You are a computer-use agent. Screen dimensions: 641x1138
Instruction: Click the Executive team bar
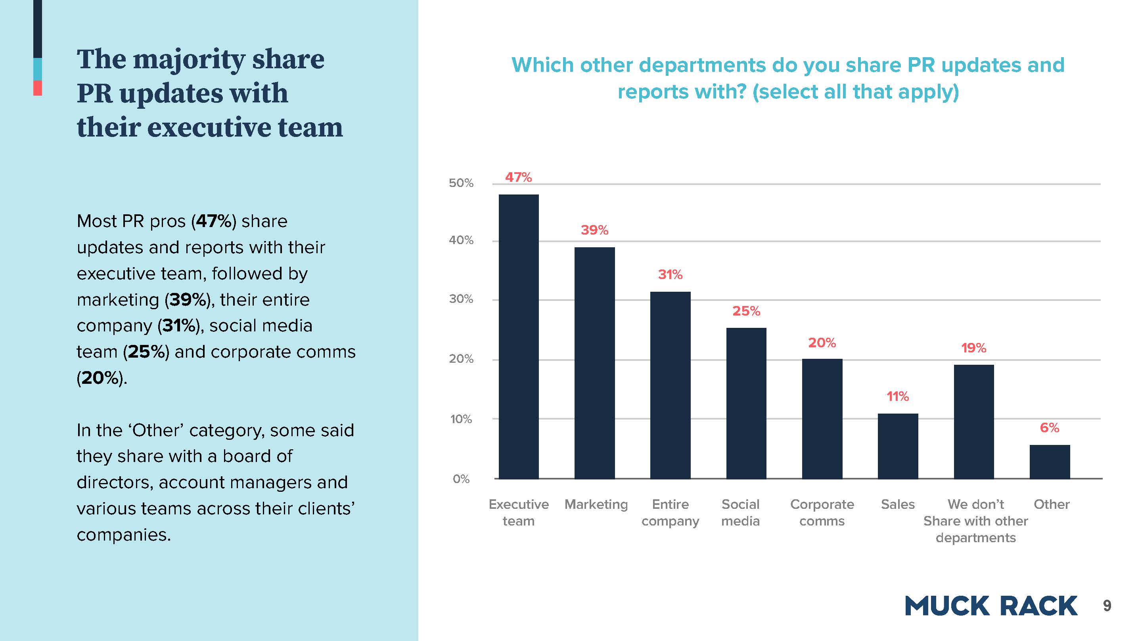[x=519, y=336]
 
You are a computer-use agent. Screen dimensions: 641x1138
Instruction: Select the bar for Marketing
[x=594, y=362]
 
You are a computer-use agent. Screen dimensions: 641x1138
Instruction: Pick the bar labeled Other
[x=1050, y=462]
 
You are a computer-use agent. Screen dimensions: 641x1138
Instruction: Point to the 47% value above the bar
[x=518, y=177]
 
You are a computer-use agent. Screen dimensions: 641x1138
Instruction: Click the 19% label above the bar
[x=974, y=348]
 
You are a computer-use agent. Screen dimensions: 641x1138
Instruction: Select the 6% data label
[x=1049, y=427]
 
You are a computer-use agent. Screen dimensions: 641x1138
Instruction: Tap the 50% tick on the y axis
[x=461, y=183]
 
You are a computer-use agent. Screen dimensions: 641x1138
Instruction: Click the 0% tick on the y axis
[x=461, y=479]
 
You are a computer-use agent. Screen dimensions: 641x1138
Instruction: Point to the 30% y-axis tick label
[x=461, y=299]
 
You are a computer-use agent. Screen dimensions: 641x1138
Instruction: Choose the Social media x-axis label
[x=740, y=512]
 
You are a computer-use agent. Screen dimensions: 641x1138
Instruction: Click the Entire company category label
[x=670, y=512]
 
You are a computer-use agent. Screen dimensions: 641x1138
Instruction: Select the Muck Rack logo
[x=991, y=606]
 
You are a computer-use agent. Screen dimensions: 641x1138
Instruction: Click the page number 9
[x=1107, y=606]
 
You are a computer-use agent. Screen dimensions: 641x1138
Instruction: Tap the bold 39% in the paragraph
[x=185, y=300]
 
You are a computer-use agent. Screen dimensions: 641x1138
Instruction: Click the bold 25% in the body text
[x=146, y=352]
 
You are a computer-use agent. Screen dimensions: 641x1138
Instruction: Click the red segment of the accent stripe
[x=38, y=88]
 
